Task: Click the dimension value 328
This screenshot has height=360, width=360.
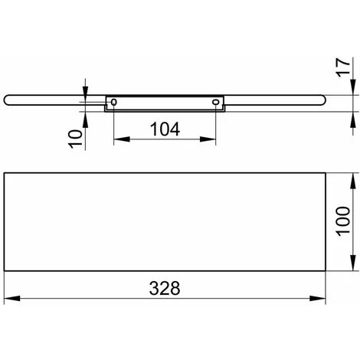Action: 165,288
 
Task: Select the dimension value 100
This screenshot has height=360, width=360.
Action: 342,221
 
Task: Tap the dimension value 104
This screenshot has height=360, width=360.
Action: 165,129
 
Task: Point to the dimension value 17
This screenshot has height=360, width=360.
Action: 342,67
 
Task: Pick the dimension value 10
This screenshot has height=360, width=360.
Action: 76,139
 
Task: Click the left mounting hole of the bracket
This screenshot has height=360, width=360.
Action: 114,102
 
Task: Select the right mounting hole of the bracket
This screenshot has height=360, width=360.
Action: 216,102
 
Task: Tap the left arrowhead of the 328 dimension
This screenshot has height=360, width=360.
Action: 12,298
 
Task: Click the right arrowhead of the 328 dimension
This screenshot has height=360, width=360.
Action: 318,298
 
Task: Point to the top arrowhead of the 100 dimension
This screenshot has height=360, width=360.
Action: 353,181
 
